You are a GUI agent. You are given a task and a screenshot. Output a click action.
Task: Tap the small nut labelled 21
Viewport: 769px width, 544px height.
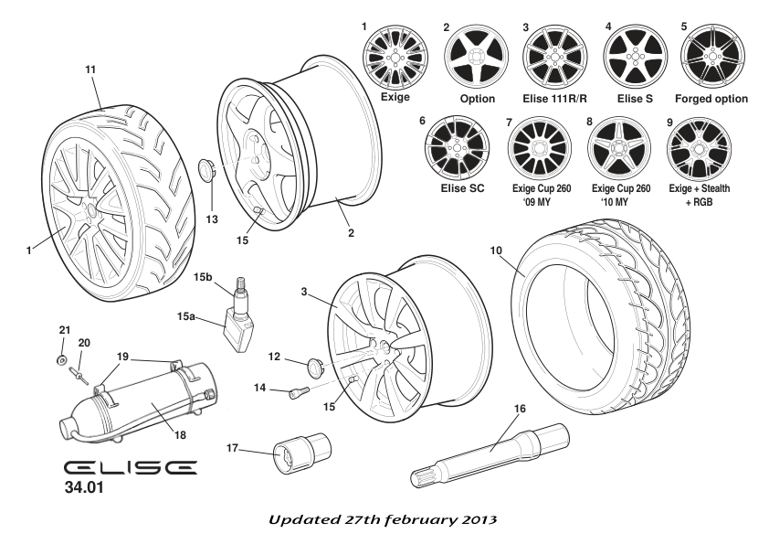click(60, 358)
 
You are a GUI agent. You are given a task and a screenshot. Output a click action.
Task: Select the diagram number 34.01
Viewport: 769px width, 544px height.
click(83, 488)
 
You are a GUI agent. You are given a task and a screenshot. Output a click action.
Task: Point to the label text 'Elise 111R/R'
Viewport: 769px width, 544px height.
click(554, 99)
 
